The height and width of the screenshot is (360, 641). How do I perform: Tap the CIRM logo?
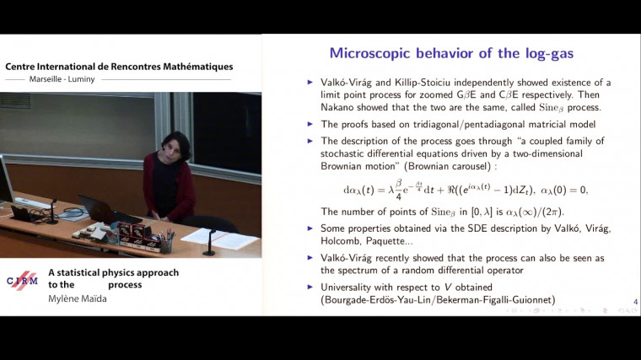(x=22, y=282)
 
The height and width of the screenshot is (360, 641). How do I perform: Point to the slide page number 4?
(x=635, y=302)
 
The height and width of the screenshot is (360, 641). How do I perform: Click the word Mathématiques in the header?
(x=187, y=67)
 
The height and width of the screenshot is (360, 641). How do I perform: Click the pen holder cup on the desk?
(x=165, y=244)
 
